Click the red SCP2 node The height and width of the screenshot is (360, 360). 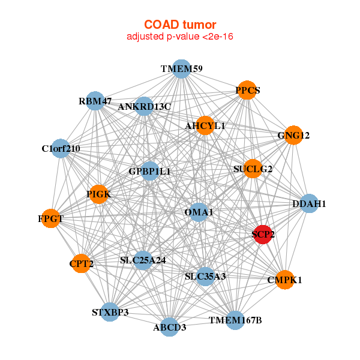click(263, 235)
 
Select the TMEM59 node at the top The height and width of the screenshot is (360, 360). click(181, 69)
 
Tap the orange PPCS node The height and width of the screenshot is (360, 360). click(247, 91)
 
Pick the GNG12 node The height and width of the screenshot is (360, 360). click(293, 136)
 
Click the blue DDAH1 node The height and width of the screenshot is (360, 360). click(308, 204)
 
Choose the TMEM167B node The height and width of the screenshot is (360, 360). click(235, 320)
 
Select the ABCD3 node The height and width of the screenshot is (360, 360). click(170, 327)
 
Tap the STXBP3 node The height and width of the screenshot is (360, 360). click(110, 312)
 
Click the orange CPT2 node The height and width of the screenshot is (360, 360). click(81, 263)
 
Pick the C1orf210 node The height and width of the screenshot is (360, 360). click(61, 148)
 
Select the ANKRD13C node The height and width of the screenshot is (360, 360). click(145, 107)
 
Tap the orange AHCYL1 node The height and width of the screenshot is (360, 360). click(205, 126)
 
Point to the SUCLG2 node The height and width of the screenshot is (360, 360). click(253, 169)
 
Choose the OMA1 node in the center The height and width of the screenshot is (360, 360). click(199, 212)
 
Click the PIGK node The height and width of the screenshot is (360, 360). click(99, 194)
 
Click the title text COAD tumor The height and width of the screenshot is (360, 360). click(179, 25)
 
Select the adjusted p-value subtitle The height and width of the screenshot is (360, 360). click(179, 37)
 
